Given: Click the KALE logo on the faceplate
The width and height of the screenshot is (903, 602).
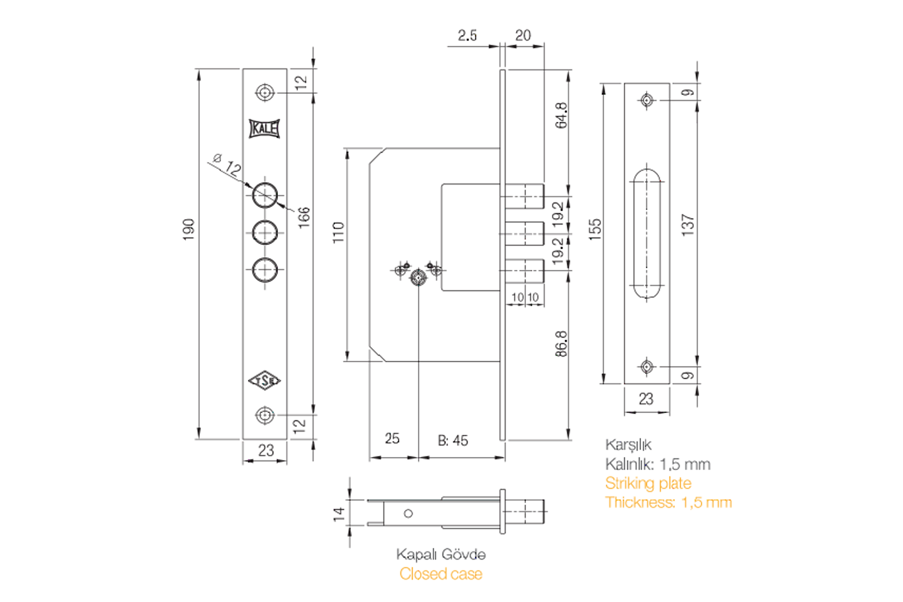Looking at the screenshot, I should coord(264,129).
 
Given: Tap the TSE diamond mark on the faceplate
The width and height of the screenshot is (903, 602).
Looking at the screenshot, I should coord(264,380).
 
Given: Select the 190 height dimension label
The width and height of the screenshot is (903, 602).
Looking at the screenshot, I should coord(189,230).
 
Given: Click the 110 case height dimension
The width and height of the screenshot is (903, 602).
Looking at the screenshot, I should coord(338,232).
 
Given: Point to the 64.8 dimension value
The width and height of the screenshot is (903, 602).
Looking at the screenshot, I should coord(561,115).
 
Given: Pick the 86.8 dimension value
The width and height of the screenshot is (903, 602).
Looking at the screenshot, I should coord(561,344).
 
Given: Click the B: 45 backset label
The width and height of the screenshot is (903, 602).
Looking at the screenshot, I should coord(453,441).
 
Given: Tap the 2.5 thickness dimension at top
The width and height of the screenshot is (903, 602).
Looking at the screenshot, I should coord(467,36).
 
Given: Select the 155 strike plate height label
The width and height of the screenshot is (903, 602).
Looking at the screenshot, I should coord(595,230).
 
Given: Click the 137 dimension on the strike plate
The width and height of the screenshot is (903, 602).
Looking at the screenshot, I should coord(687,225).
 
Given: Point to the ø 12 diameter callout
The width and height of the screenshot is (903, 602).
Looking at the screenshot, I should coord(228,164).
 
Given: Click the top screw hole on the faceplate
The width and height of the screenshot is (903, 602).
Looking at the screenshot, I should coord(264,93).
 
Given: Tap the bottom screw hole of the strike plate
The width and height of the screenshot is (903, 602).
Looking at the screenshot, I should coord(646,366).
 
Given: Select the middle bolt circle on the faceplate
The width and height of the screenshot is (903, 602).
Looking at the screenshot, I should coord(264,233).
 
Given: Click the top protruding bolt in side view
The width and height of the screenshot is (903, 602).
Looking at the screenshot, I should coord(524,196).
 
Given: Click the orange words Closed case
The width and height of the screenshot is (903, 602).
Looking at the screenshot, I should coord(441,574).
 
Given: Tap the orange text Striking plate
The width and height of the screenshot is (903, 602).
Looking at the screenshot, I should coord(648,483).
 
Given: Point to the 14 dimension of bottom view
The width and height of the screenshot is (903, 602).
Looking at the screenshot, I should coord(339,513).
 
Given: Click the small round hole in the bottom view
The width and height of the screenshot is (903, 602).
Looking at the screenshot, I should coord(408,513).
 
